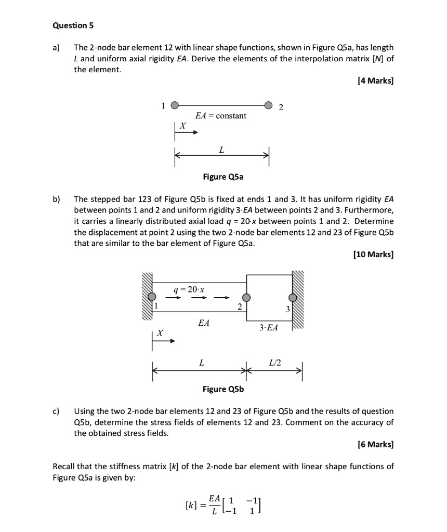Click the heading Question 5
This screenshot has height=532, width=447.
point(70,25)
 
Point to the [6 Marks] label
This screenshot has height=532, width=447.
point(376,445)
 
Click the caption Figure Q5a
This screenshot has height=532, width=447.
point(223,177)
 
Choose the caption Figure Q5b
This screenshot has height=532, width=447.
point(223,389)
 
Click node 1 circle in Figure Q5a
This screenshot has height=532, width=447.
point(176,104)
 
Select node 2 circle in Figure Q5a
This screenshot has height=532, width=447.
point(269,104)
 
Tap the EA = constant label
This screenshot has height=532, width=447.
point(220,115)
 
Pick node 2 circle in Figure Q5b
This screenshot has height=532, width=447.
point(247,298)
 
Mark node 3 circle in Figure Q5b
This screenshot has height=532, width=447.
point(293,298)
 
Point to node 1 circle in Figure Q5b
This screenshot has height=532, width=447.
point(152,297)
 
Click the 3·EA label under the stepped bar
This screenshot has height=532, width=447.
point(268,328)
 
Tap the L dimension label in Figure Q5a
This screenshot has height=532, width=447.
point(222,150)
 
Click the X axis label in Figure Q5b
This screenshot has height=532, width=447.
point(160,332)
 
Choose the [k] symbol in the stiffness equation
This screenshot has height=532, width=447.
point(190,504)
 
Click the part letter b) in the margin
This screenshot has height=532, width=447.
point(57,198)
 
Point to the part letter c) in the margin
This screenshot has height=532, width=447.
point(56,411)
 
